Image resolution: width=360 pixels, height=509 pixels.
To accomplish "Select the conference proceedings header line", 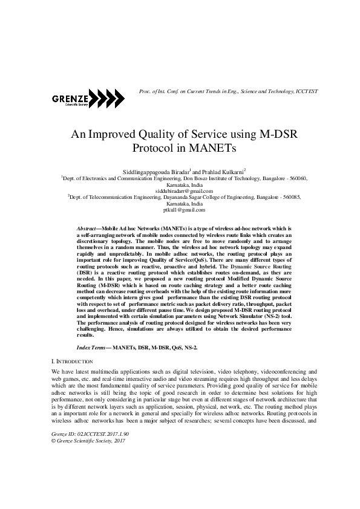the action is [x=228, y=91].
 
